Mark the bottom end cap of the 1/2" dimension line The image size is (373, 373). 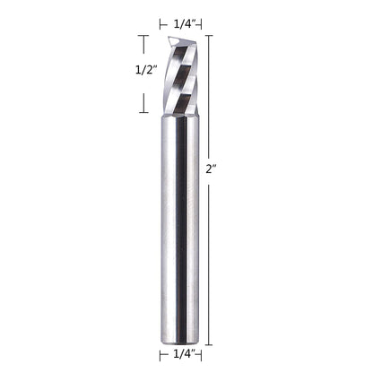[143, 114]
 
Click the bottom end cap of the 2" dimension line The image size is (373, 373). [210, 344]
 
